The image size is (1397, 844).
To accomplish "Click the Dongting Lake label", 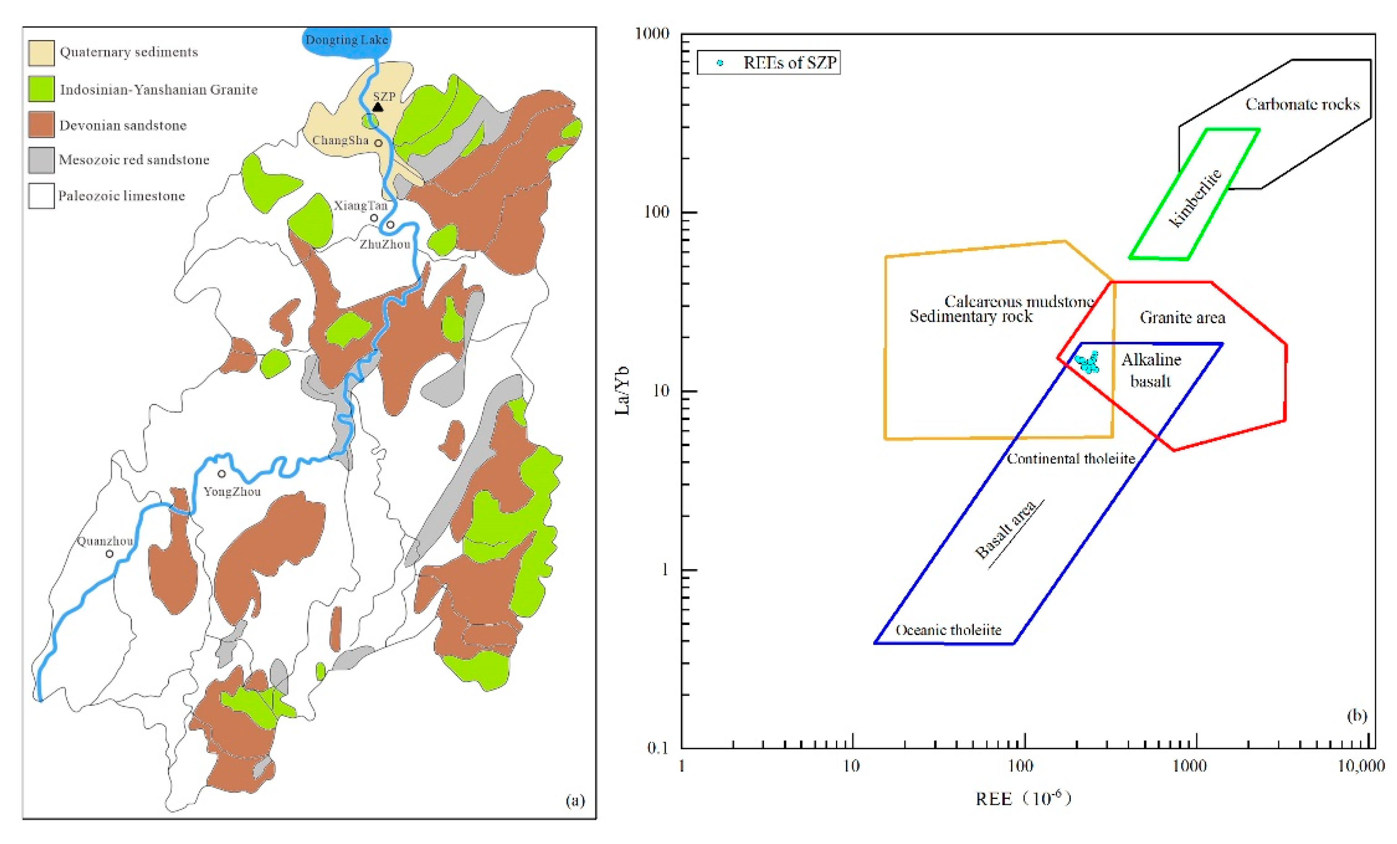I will point(346,40).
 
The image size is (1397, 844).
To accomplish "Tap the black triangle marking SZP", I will point(378,107).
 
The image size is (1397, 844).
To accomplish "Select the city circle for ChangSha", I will point(378,143).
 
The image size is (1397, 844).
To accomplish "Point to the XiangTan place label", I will point(360,205).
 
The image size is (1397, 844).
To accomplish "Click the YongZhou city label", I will point(232,491).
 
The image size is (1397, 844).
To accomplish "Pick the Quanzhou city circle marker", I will point(109,554).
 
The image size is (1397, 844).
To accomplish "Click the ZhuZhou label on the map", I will point(385,244).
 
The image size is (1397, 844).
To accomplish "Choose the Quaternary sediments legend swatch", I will point(41,53).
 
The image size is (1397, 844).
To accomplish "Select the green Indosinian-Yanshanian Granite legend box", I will point(41,89).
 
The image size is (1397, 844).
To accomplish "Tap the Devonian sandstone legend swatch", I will point(41,125).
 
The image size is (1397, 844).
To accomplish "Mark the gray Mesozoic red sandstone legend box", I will point(41,160).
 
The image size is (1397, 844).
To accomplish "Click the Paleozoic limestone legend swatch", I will point(41,196).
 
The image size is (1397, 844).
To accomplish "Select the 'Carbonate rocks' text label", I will point(1302,104).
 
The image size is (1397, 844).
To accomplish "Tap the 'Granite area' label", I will point(1182,318).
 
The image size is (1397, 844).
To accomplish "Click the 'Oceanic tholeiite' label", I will point(948,630).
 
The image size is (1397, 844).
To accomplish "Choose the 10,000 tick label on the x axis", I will point(1361,766).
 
